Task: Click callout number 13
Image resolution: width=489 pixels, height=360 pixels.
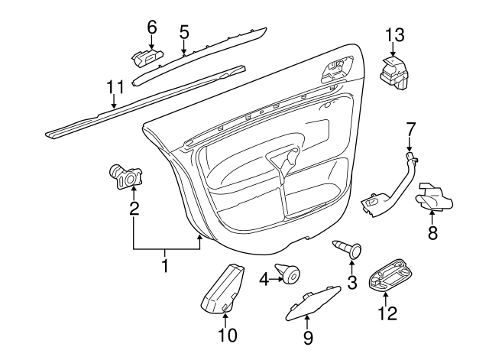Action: click(x=394, y=34)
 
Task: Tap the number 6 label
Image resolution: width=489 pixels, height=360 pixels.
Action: click(x=151, y=26)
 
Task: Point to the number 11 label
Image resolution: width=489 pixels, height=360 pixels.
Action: click(x=114, y=86)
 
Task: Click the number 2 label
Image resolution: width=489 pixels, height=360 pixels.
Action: click(x=134, y=207)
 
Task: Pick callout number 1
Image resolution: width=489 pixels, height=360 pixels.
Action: click(x=164, y=267)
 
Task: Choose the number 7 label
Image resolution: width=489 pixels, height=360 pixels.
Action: click(x=410, y=128)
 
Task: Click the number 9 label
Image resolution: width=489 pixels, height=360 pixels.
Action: click(x=308, y=336)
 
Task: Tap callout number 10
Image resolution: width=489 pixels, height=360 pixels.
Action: click(x=227, y=334)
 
